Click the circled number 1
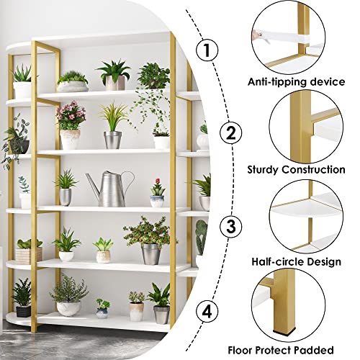208,50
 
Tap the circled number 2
230,132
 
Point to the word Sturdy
266,170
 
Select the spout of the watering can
91,181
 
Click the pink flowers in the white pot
71,114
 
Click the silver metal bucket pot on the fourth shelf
150,253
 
